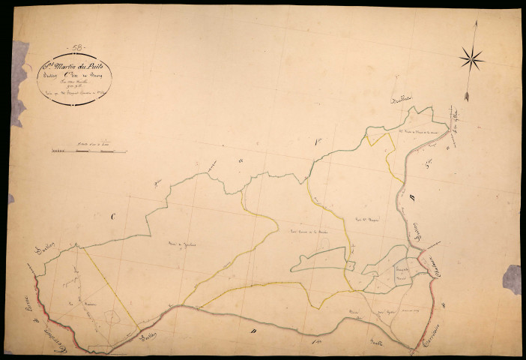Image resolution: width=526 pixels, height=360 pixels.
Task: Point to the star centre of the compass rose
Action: pos(472,57)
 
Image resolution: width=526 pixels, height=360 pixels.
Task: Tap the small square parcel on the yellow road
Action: pos(349,264)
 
